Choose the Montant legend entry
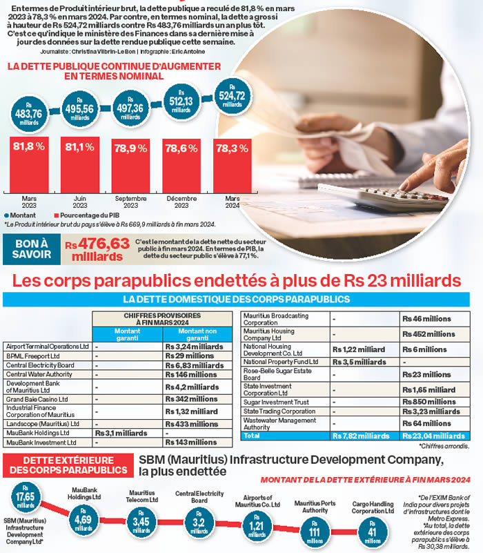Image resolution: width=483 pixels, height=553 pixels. pos(21,216)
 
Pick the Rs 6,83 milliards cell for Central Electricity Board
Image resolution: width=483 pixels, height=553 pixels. pos(195,365)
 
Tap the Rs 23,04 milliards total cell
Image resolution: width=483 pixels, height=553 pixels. pos(433,436)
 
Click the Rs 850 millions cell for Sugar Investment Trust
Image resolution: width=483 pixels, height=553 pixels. pos(433,401)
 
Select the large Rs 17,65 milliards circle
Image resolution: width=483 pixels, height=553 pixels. pos(25,498)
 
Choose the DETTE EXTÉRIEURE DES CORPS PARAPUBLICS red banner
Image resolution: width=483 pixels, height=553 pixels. pos(68,465)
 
